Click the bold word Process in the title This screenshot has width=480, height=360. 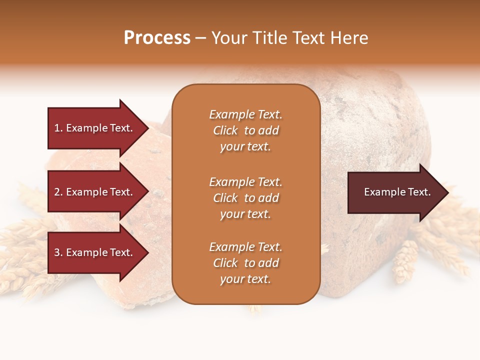point(157,38)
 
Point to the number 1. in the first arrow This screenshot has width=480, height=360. point(58,128)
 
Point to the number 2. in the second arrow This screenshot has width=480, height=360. point(58,192)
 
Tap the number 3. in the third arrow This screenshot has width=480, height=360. point(58,252)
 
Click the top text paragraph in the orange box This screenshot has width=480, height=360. point(245,130)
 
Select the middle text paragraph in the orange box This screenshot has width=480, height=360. point(245,198)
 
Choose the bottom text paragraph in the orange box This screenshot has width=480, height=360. point(245,263)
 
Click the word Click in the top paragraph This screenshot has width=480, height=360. point(225,130)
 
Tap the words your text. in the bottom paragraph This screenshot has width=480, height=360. point(245,279)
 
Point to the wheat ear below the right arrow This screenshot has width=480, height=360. point(405,260)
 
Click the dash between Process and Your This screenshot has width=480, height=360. point(200,38)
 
